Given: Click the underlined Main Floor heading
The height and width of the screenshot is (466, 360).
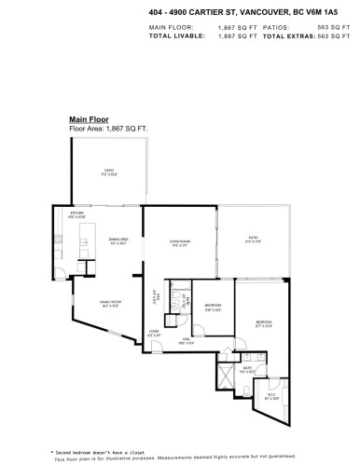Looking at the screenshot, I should [x=90, y=119].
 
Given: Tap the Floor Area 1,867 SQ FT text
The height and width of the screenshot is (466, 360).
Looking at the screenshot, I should [x=110, y=128].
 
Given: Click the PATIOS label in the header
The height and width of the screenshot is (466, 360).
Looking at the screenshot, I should [x=277, y=28].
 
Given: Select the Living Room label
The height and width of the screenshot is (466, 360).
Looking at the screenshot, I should [x=180, y=243].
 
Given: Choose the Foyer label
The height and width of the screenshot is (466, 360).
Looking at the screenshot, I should [x=155, y=333].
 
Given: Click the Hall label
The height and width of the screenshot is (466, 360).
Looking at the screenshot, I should [x=187, y=339].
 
